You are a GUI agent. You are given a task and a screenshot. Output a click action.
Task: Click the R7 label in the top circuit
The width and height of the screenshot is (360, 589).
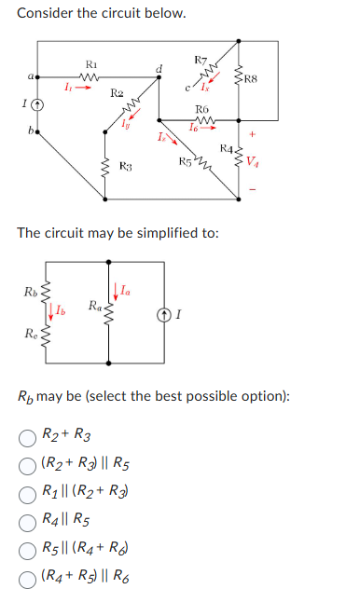201,62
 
